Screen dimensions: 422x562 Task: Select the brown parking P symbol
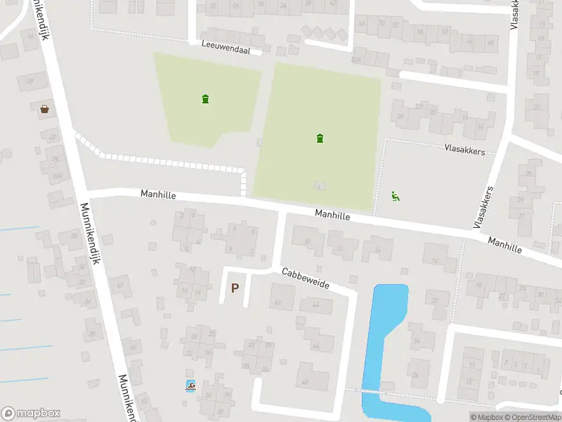(235, 288)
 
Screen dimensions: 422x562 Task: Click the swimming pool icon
(190, 385)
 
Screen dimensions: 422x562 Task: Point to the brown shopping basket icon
(45, 108)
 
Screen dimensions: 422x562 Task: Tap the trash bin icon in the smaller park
(205, 98)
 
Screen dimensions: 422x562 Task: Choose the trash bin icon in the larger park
(320, 138)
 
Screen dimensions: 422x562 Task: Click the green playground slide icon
(396, 197)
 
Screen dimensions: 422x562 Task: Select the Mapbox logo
(31, 413)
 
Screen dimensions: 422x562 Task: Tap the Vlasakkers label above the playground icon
(464, 149)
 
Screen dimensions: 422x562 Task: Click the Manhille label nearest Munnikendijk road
(158, 193)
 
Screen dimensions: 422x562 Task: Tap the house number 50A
(357, 58)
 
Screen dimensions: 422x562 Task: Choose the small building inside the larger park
(320, 186)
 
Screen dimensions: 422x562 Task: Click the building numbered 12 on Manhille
(343, 246)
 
